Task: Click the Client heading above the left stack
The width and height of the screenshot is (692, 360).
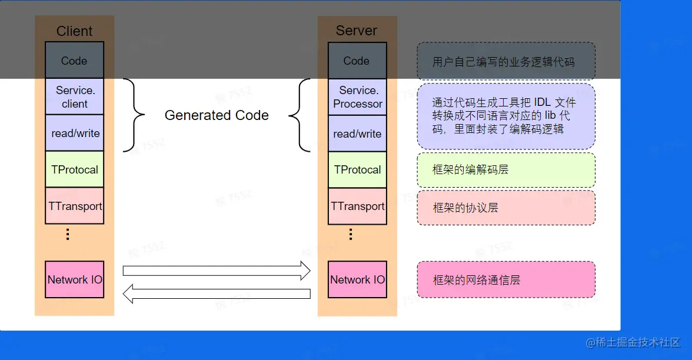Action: pos(74,31)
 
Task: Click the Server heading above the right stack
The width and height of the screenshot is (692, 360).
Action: pos(357,31)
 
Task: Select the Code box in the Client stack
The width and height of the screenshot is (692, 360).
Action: pos(74,61)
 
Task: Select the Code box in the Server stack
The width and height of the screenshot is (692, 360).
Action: pos(357,61)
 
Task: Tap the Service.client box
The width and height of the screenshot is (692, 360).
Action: pos(75,97)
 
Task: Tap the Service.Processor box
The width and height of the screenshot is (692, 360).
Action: pos(357,97)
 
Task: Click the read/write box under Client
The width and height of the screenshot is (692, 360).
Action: pos(75,134)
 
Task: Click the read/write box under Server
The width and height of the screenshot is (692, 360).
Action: pos(357,134)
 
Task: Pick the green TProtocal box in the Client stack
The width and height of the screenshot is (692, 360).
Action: pos(75,169)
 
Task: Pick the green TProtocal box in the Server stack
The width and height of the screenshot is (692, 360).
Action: pos(357,169)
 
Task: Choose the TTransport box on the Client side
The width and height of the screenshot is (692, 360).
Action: pos(75,206)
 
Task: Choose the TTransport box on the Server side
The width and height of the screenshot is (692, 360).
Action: pos(357,206)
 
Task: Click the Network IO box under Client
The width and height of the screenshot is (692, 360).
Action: pos(75,279)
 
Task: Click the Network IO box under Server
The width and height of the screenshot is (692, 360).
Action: pos(357,279)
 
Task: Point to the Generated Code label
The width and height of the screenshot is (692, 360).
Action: pos(217,115)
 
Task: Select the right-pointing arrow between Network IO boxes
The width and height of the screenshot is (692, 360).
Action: pos(216,271)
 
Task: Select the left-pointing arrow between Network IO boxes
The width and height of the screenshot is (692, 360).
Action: pos(216,294)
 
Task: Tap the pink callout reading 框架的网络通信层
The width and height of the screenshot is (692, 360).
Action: pos(506,279)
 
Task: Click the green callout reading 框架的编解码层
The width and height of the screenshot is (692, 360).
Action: pos(506,170)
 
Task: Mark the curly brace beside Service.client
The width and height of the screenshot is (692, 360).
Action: pos(134,115)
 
